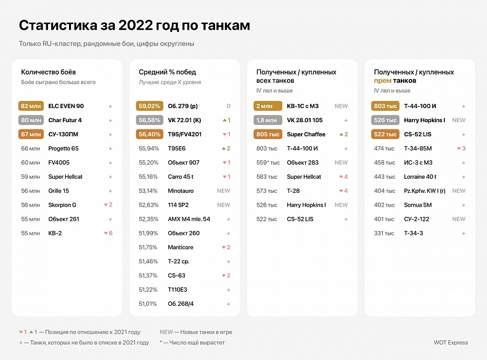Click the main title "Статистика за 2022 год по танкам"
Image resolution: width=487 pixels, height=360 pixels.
coord(134,25)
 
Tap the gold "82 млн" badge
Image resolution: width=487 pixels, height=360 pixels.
coord(31,106)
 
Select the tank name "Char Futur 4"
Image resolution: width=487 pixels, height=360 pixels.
coord(65,120)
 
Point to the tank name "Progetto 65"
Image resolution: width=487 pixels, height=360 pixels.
coord(63,149)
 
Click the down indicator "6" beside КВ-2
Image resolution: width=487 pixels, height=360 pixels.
coord(108,233)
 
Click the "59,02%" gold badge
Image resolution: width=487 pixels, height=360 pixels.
coord(149,106)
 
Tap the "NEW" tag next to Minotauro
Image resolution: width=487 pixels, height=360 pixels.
coord(223,191)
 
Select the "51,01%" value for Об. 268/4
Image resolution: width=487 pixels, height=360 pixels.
coord(149,303)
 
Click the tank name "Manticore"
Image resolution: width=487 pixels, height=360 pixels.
coord(181,247)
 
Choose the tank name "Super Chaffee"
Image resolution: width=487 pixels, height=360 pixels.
coord(307,134)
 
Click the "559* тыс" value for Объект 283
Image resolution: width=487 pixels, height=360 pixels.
coord(268,163)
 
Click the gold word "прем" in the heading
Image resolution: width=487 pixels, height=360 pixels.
coord(382,81)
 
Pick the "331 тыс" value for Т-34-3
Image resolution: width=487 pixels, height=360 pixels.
coord(385,233)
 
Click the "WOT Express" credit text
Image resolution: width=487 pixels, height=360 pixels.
coord(451,343)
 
